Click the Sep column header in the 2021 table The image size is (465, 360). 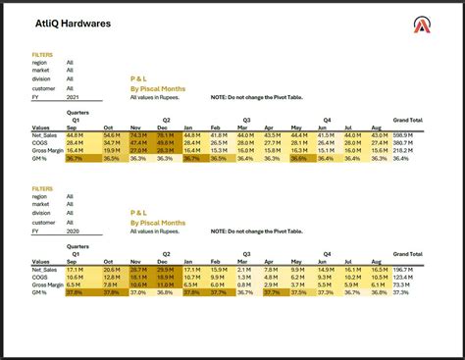pyautogui.click(x=72, y=127)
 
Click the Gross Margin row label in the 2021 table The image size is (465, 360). pyautogui.click(x=47, y=150)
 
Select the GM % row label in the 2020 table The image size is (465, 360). pyautogui.click(x=40, y=291)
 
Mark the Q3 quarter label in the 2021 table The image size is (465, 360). pyautogui.click(x=245, y=119)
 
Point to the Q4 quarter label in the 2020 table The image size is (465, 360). pyautogui.click(x=328, y=252)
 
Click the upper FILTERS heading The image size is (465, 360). pyautogui.click(x=42, y=55)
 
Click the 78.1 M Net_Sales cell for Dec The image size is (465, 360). pyautogui.click(x=166, y=134)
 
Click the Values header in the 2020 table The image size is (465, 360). pyautogui.click(x=40, y=260)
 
